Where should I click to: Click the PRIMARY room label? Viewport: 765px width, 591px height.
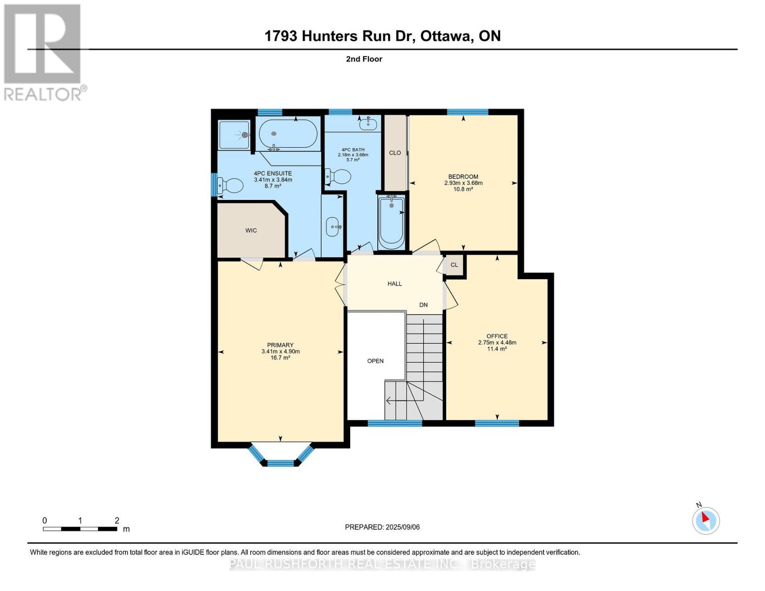[280, 345]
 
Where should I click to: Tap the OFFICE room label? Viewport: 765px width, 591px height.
[497, 336]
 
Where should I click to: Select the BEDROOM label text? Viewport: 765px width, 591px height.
[463, 177]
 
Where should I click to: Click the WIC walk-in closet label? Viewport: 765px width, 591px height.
[251, 230]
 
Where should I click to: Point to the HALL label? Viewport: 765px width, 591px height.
[395, 284]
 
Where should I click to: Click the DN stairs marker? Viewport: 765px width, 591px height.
[423, 305]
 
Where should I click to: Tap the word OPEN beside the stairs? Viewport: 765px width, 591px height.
[375, 361]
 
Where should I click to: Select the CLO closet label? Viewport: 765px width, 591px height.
[395, 153]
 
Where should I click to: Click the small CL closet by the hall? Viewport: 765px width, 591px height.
[454, 265]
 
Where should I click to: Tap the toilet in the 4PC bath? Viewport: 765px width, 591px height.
[339, 176]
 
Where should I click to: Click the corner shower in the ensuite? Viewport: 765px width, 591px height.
[234, 134]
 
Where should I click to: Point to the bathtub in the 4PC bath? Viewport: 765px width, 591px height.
[391, 222]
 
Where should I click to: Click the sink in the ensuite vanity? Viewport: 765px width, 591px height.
[333, 227]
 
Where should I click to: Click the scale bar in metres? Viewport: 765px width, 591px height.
[80, 529]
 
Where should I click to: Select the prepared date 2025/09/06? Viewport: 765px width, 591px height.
[382, 527]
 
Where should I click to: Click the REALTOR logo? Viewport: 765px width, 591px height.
[43, 52]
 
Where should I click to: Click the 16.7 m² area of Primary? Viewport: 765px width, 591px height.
[280, 358]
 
